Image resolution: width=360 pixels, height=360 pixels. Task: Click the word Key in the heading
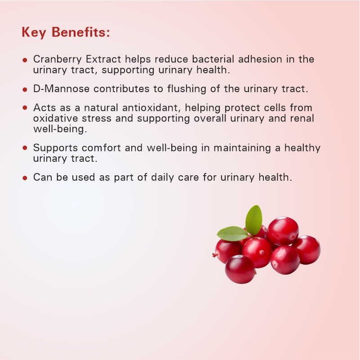click(x=34, y=32)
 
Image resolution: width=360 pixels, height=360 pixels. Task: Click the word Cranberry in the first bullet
click(x=58, y=59)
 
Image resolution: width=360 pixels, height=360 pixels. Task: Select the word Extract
click(x=103, y=59)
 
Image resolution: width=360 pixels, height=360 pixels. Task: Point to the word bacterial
click(x=213, y=59)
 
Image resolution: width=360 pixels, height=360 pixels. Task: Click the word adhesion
click(x=260, y=59)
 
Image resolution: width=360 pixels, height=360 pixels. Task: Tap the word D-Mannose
click(x=61, y=89)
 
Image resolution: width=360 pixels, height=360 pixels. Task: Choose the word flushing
click(x=187, y=89)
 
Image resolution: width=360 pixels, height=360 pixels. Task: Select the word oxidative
click(x=56, y=118)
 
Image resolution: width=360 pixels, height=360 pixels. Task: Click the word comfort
click(x=101, y=148)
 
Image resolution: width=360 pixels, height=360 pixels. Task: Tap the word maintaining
click(x=242, y=148)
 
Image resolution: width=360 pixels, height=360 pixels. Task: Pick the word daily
click(x=162, y=178)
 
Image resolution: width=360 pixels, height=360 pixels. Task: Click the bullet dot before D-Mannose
click(x=25, y=89)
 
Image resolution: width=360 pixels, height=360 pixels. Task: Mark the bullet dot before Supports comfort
click(x=25, y=147)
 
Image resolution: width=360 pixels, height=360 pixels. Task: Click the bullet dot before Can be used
click(x=25, y=178)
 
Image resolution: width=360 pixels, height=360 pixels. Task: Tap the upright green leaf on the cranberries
click(x=253, y=220)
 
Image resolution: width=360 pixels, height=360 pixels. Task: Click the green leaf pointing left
click(x=232, y=234)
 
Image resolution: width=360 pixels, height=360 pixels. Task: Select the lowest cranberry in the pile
click(x=240, y=270)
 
